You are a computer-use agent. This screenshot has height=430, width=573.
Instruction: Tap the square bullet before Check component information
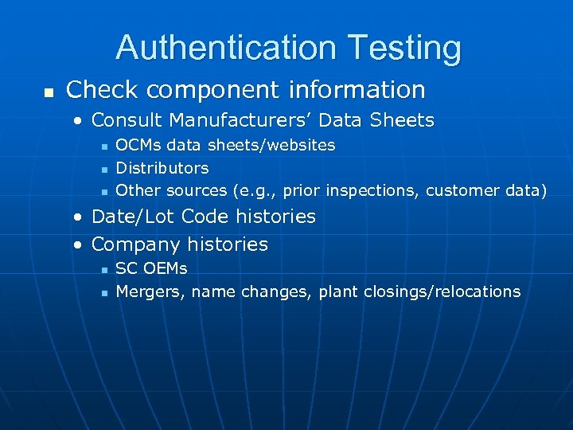(49, 92)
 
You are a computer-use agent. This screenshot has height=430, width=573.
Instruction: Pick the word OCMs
(138, 146)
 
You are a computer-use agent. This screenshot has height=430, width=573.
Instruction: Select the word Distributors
(162, 168)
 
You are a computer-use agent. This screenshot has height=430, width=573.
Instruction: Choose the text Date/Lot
(134, 217)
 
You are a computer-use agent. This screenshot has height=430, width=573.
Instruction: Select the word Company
(136, 244)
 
